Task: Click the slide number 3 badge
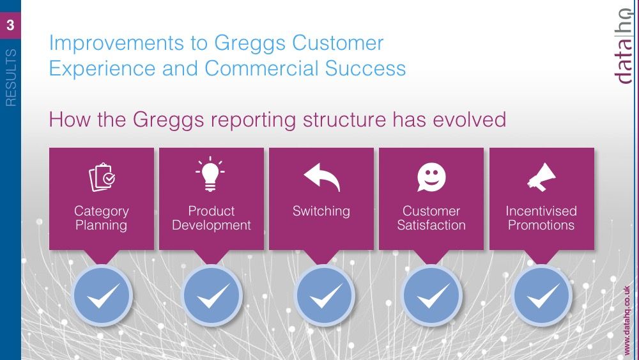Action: (x=10, y=26)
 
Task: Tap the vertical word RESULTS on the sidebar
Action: (x=11, y=78)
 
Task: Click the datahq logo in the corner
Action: (x=624, y=46)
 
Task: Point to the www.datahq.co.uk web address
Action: (x=627, y=320)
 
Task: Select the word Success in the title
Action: (x=365, y=68)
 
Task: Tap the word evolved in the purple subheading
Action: (x=469, y=120)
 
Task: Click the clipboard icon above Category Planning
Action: (x=102, y=177)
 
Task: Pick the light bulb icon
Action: (x=210, y=174)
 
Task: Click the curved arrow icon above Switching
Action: (x=321, y=177)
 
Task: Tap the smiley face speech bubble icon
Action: (x=431, y=177)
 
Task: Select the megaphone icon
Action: (x=541, y=177)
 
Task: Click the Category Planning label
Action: (x=102, y=218)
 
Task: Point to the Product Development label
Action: (x=211, y=218)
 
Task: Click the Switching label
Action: (x=321, y=212)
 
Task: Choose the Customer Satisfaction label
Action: (x=431, y=218)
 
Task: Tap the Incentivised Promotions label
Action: (x=541, y=218)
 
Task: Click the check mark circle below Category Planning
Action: (x=102, y=295)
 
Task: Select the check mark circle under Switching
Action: (x=324, y=295)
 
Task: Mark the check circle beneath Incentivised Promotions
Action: (x=542, y=295)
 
